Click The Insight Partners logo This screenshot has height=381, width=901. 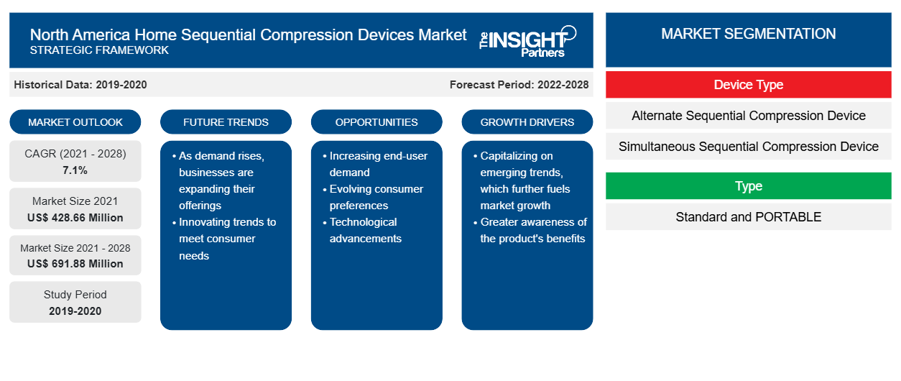pyautogui.click(x=527, y=41)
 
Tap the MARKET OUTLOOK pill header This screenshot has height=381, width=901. pyautogui.click(x=75, y=122)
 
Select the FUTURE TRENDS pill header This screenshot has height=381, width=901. pyautogui.click(x=226, y=122)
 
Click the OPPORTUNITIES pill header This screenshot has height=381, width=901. pyautogui.click(x=376, y=122)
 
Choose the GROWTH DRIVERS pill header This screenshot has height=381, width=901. pyautogui.click(x=527, y=122)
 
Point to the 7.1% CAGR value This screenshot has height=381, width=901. pyautogui.click(x=75, y=170)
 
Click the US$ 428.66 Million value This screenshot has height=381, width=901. pyautogui.click(x=75, y=218)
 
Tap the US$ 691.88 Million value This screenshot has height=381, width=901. pyautogui.click(x=75, y=264)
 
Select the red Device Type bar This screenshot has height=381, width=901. pyautogui.click(x=749, y=85)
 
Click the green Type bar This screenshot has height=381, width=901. pyautogui.click(x=749, y=186)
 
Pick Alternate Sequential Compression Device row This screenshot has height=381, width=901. pyautogui.click(x=749, y=116)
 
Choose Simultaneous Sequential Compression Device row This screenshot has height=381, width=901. pyautogui.click(x=749, y=147)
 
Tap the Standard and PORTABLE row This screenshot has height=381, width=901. pyautogui.click(x=749, y=217)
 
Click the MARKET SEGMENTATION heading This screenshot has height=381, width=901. pyautogui.click(x=749, y=34)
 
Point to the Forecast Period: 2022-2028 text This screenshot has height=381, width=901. pyautogui.click(x=519, y=85)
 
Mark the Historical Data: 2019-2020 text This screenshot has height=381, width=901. pyautogui.click(x=80, y=85)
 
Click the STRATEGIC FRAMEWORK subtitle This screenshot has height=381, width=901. pyautogui.click(x=99, y=50)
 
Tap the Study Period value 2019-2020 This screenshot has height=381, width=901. pyautogui.click(x=75, y=311)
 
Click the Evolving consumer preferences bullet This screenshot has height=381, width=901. pyautogui.click(x=374, y=197)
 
